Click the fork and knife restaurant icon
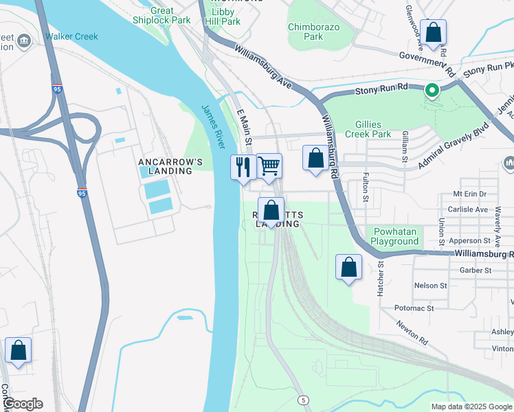(243, 168)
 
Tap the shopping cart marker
(269, 165)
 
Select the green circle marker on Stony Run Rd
(432, 89)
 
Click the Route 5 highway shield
(304, 400)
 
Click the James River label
(213, 124)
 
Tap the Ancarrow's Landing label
(170, 167)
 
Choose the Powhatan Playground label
(394, 236)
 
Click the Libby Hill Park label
(223, 17)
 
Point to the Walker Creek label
(72, 36)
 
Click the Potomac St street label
(414, 308)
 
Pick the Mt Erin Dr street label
(470, 194)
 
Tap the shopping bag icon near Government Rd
(434, 32)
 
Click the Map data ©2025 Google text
(470, 407)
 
